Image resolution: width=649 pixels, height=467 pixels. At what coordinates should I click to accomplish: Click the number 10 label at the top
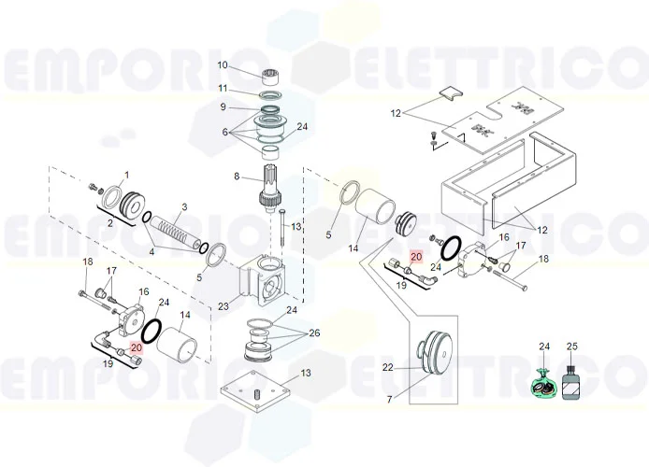click(x=223, y=64)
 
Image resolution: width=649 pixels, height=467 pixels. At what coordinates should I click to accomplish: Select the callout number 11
click(x=223, y=88)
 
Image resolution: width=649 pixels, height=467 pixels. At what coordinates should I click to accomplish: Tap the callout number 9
click(x=223, y=107)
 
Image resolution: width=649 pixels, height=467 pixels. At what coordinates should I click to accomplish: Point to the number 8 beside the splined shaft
click(x=237, y=176)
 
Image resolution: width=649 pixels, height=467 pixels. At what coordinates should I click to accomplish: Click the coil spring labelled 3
click(x=175, y=230)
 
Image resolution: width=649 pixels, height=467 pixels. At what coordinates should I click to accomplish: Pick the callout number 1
click(x=127, y=175)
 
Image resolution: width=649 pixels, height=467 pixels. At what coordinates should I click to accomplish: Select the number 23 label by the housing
click(x=223, y=305)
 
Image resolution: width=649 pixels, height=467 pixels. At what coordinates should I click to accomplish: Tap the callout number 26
click(x=315, y=333)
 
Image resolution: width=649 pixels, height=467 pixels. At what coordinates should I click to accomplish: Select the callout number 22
click(x=388, y=368)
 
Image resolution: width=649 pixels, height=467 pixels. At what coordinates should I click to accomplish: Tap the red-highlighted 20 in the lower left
click(x=137, y=347)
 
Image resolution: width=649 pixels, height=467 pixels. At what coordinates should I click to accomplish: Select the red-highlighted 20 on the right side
click(x=417, y=256)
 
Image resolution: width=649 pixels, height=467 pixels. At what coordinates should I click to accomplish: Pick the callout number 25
click(x=572, y=347)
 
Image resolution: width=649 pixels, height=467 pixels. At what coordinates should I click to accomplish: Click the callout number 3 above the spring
click(x=184, y=206)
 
